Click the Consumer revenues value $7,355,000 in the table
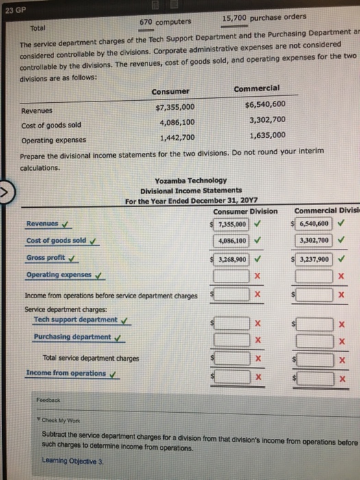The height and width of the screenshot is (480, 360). (x=176, y=107)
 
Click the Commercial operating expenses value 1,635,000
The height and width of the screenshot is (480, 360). (x=264, y=135)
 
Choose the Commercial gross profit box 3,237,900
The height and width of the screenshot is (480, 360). (x=313, y=259)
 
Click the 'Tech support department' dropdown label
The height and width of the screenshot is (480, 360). (x=75, y=320)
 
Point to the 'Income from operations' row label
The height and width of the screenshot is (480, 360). (x=65, y=373)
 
